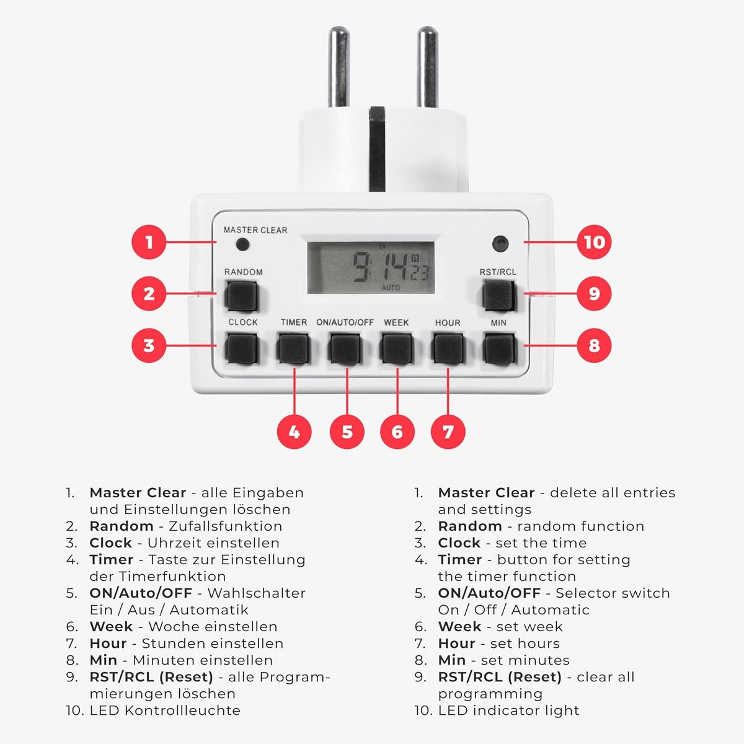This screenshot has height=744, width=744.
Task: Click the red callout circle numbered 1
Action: pyautogui.click(x=149, y=242)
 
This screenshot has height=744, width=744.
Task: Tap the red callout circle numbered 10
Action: pyautogui.click(x=594, y=242)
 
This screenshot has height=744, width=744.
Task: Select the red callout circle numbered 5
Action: pyautogui.click(x=347, y=432)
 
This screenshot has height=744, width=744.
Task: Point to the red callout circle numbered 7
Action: pyautogui.click(x=448, y=432)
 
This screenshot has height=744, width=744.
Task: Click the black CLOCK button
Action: pyautogui.click(x=242, y=349)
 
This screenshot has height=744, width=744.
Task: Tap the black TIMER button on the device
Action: pyautogui.click(x=293, y=349)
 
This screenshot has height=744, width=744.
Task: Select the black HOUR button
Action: pyautogui.click(x=448, y=349)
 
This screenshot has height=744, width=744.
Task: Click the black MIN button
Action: pyautogui.click(x=499, y=349)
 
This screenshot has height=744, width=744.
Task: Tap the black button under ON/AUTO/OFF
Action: pyautogui.click(x=345, y=349)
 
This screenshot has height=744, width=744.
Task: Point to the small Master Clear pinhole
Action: pyautogui.click(x=242, y=244)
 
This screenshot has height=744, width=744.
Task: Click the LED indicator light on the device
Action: pyautogui.click(x=500, y=244)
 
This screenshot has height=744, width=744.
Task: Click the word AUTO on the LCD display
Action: pyautogui.click(x=391, y=288)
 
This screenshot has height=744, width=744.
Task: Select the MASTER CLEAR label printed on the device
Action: pyautogui.click(x=255, y=230)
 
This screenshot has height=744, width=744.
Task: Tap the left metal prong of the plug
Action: pyautogui.click(x=339, y=66)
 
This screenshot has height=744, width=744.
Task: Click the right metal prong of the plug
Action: pyautogui.click(x=427, y=66)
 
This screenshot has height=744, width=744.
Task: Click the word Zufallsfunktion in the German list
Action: pyautogui.click(x=226, y=526)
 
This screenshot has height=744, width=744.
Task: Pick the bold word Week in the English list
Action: pyautogui.click(x=460, y=627)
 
